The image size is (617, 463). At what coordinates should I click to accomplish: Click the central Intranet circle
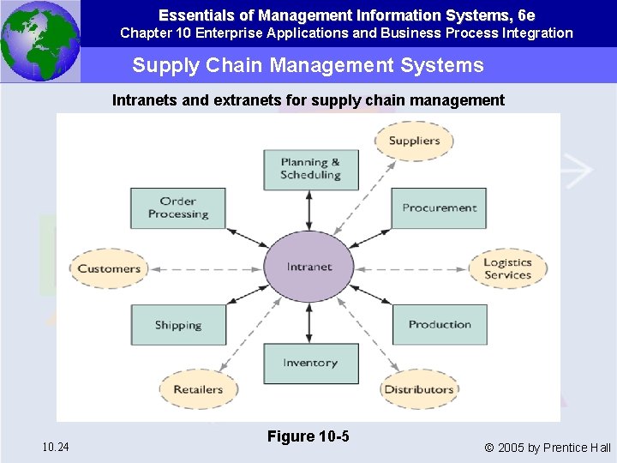(308, 267)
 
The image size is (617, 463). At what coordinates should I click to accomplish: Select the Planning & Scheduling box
(310, 169)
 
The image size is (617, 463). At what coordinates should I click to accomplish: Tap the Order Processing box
(177, 208)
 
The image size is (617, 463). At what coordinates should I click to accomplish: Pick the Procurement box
(439, 208)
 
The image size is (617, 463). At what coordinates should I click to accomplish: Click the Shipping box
(177, 325)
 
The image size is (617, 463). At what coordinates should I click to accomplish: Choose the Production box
(439, 325)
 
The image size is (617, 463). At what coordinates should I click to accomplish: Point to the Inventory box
(310, 363)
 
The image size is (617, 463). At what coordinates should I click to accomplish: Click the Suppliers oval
(414, 141)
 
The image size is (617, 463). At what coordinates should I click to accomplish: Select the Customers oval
(109, 268)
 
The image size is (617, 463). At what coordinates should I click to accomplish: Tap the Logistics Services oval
(507, 268)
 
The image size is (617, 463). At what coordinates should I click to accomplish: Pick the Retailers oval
(198, 389)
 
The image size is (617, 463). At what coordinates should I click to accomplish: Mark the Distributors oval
(418, 389)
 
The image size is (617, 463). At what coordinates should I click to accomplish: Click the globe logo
(39, 41)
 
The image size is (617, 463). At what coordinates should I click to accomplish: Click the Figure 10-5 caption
(308, 436)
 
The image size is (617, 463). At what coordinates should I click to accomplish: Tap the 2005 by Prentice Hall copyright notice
(548, 448)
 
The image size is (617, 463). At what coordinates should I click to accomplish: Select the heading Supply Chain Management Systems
(308, 65)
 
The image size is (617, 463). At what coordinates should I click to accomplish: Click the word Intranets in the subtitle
(145, 100)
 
